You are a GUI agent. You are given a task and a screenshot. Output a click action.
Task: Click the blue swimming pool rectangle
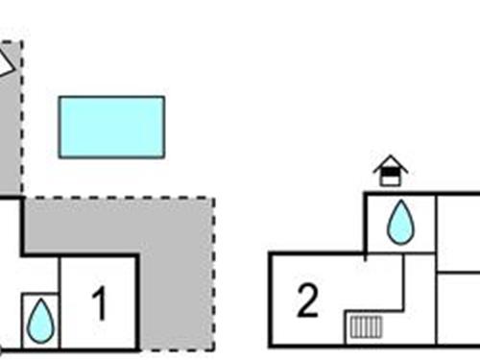click(x=111, y=127)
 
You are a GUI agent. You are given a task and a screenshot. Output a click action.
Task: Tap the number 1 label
click(x=99, y=305)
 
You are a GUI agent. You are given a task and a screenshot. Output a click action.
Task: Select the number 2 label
click(x=307, y=301)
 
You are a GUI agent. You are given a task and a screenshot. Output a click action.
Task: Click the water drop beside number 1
click(x=40, y=321)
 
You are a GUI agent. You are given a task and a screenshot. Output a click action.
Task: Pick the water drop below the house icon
click(x=400, y=223)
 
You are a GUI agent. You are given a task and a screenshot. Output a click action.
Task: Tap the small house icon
click(x=391, y=171)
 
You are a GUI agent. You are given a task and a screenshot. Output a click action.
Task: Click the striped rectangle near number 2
click(x=365, y=326)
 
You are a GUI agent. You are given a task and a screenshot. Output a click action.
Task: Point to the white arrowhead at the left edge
click(x=5, y=63)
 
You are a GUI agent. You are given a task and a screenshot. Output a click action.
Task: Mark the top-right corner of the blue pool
click(x=163, y=97)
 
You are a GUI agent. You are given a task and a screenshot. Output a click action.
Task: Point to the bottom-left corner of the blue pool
click(x=60, y=156)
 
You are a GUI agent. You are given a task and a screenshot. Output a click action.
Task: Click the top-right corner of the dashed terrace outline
click(x=213, y=199)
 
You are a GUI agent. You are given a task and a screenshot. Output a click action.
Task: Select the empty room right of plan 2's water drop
click(x=458, y=230)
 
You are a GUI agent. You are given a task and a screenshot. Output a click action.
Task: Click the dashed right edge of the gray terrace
click(x=213, y=278)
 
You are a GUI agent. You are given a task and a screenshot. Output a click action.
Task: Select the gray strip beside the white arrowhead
click(x=12, y=134)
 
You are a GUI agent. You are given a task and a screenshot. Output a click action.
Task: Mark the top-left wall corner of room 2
click(x=271, y=253)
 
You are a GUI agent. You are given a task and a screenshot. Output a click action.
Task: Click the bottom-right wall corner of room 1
click(x=138, y=349)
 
